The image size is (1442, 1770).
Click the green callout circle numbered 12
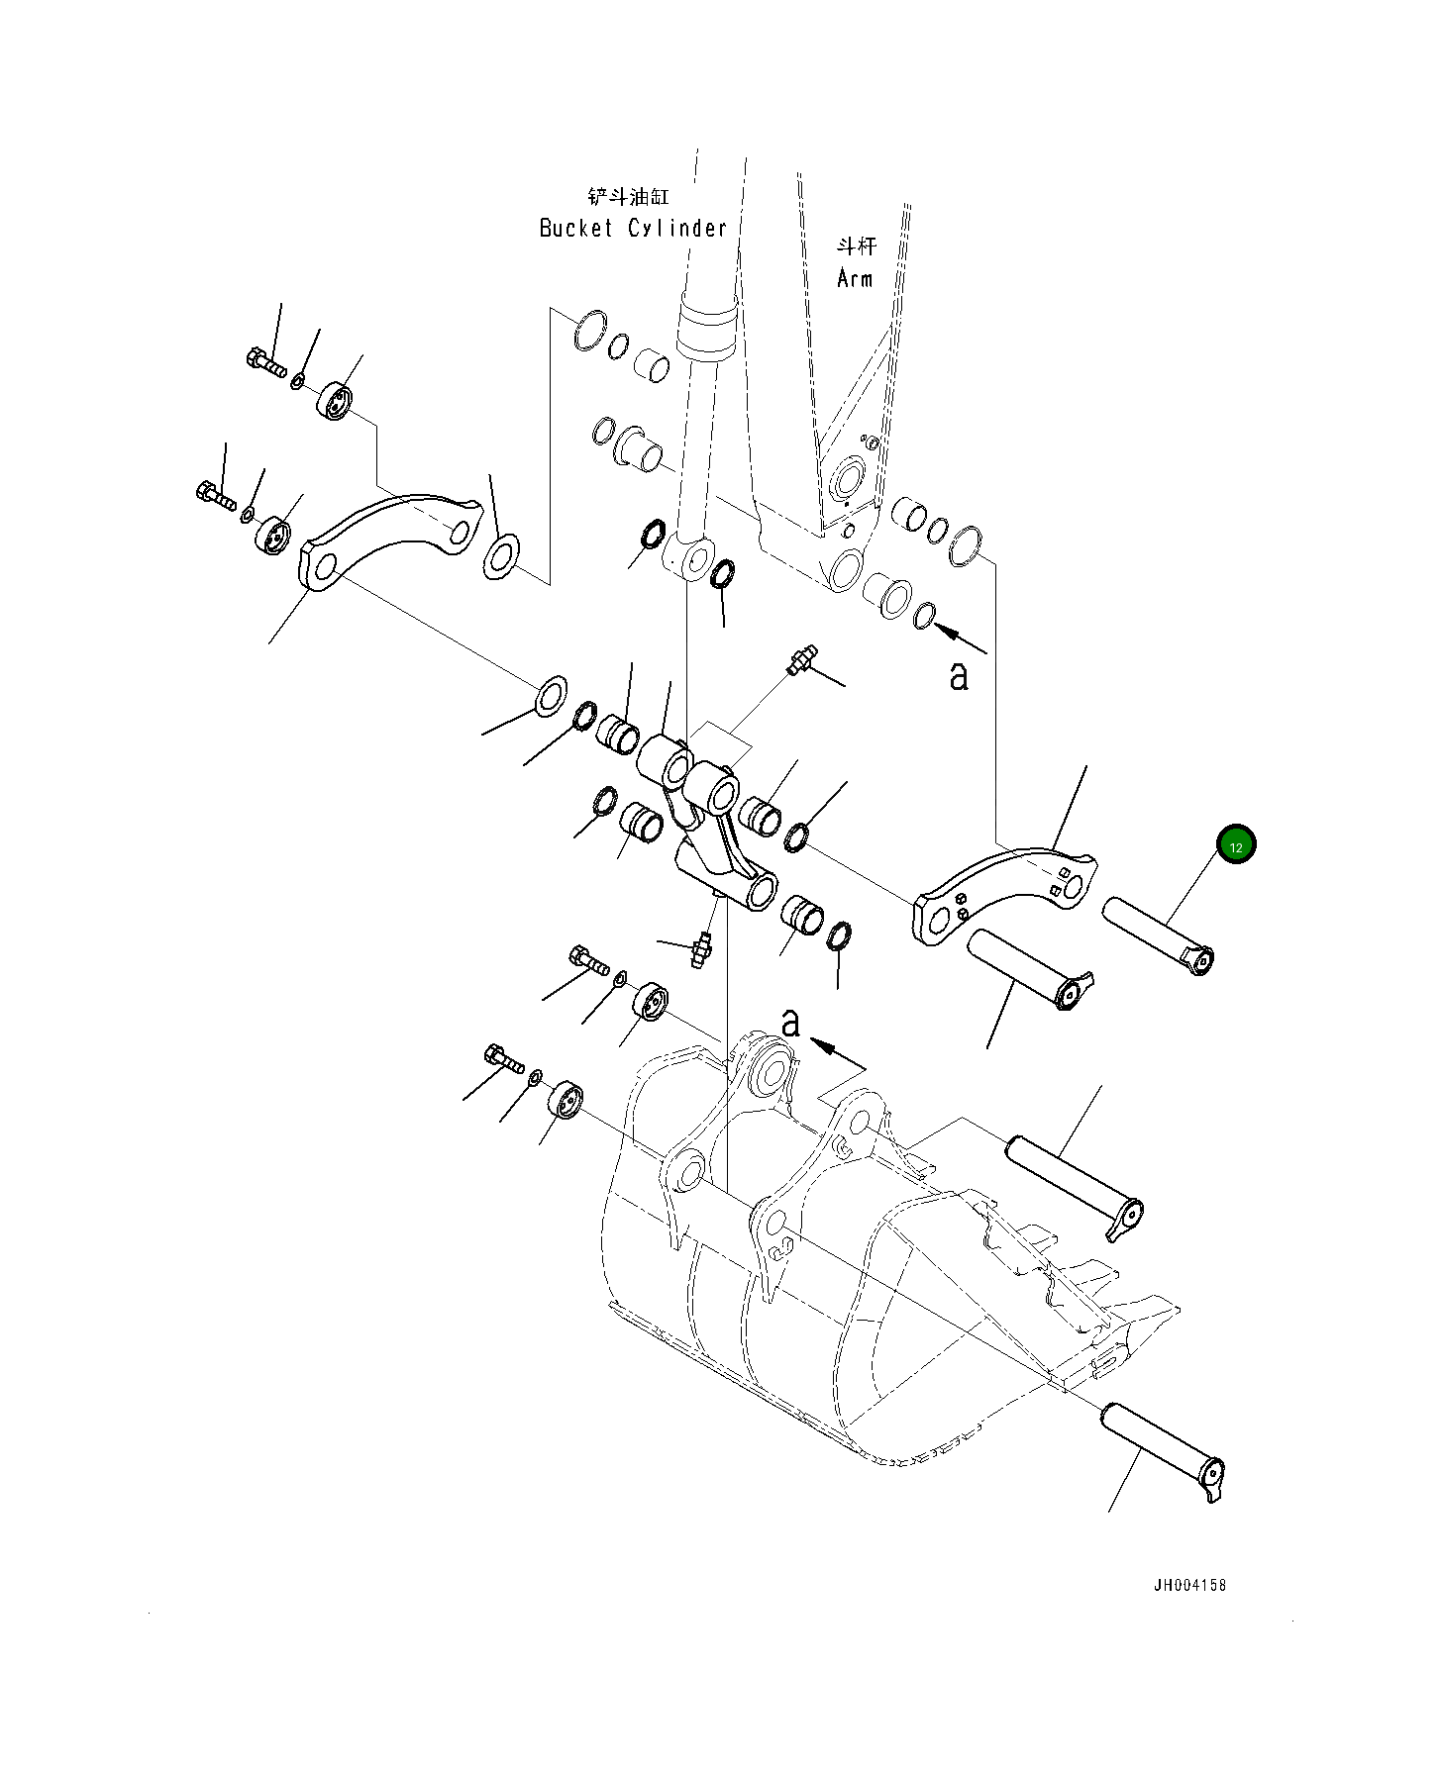tap(1236, 845)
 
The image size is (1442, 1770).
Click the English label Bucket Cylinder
tap(633, 229)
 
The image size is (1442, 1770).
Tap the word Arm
tap(855, 279)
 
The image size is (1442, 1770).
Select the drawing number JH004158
tap(1189, 1585)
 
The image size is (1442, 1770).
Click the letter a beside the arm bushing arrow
tap(958, 677)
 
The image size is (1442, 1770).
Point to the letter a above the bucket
tap(789, 1024)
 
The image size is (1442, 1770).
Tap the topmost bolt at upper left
tap(264, 362)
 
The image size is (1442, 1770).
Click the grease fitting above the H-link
tap(801, 659)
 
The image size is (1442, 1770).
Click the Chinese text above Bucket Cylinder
tap(628, 196)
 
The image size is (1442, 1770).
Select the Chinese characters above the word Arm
tap(855, 246)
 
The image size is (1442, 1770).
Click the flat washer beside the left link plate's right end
tap(501, 557)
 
